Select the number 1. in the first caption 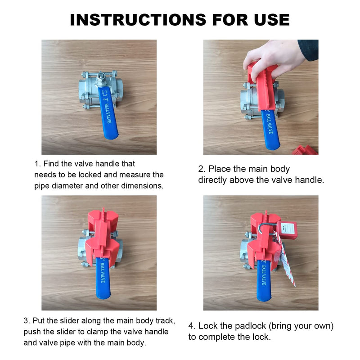click(x=37, y=164)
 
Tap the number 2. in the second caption click(x=202, y=169)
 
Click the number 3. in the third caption click(x=27, y=321)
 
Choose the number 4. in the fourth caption click(x=192, y=326)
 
